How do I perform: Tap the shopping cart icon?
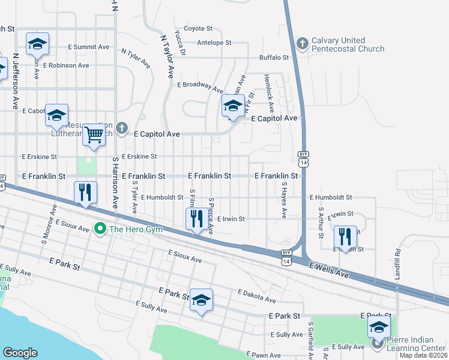pos(94,135)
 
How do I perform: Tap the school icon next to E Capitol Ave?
pos(233,106)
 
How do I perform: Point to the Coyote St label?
pos(198,28)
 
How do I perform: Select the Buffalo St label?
pos(274,58)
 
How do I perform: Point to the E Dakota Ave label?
pos(256,295)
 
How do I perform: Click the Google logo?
pos(20,353)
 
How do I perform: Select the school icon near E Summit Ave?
pos(37,44)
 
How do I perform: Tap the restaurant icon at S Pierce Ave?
pos(196,219)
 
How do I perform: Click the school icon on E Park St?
pos(201,300)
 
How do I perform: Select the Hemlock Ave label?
pos(270,93)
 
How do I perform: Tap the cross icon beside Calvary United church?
pos(302,43)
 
